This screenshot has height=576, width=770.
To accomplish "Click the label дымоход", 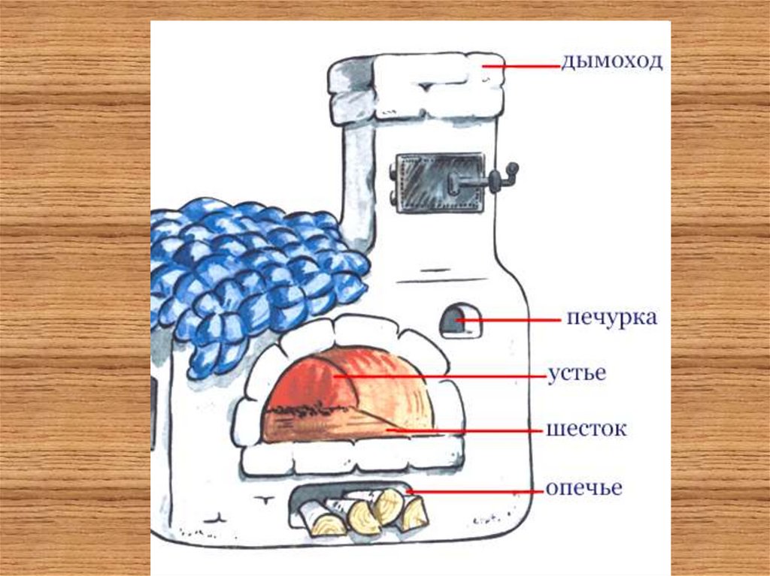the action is (612, 62).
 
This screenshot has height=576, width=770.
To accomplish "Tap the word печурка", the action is (612, 318).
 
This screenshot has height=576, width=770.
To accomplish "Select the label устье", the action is (577, 373).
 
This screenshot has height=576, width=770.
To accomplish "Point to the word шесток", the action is (587, 430).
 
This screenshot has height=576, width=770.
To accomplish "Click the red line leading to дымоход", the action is (521, 66).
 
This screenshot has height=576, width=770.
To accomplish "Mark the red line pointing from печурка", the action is (508, 321).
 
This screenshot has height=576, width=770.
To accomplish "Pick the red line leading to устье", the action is (441, 377).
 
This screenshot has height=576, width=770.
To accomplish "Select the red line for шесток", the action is (466, 431).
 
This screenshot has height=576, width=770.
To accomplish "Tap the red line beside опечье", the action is (476, 491).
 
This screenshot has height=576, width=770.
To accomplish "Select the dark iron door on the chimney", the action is (439, 183).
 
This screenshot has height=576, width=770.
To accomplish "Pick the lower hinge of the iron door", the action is (392, 198).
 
